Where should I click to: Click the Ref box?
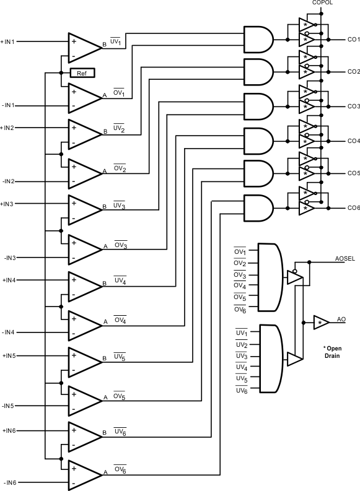point(81,73)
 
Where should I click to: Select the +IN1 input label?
point(10,42)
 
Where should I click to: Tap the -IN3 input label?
point(10,257)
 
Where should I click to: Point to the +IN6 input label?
point(10,430)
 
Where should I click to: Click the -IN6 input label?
point(10,482)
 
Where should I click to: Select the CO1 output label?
point(353,40)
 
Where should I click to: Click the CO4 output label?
point(353,141)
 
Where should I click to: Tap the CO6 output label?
point(353,208)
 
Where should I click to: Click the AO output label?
point(341,319)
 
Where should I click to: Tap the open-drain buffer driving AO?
point(321,323)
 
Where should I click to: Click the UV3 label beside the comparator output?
point(120,206)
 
